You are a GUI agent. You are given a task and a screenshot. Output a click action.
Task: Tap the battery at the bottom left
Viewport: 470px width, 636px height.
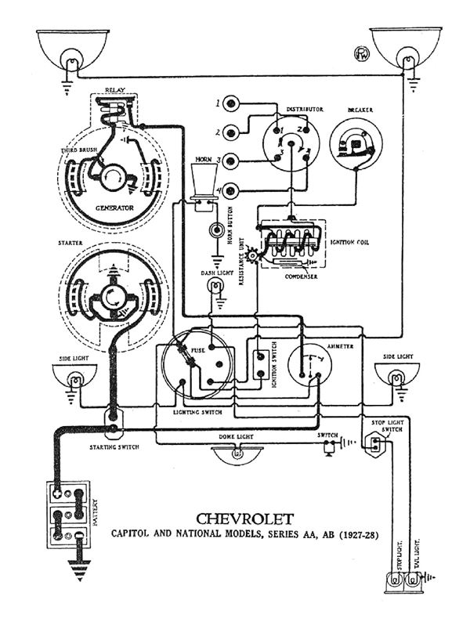click(x=67, y=514)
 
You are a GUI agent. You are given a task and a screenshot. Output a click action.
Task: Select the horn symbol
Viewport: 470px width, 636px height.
click(x=204, y=182)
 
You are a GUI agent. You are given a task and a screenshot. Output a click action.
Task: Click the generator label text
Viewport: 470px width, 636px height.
click(x=114, y=208)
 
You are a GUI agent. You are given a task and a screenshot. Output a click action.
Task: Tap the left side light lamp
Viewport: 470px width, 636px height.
click(x=74, y=378)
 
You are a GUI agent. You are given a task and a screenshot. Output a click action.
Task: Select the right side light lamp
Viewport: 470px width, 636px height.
click(x=398, y=378)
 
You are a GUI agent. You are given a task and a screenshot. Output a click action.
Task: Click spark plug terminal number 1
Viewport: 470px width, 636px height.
click(x=231, y=104)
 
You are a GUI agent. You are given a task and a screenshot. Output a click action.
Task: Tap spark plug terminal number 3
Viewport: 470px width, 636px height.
click(x=231, y=161)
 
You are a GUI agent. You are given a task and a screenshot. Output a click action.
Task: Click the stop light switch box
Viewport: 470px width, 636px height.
click(x=377, y=444)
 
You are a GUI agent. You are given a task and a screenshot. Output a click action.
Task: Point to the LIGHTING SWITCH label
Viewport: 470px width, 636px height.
click(x=197, y=412)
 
